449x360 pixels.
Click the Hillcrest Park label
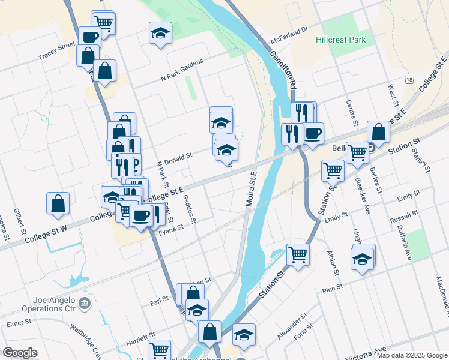(x=340, y=40)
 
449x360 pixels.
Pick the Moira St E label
(x=251, y=188)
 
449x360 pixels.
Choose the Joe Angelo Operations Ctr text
(x=41, y=304)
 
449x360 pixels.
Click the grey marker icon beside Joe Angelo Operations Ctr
(x=85, y=303)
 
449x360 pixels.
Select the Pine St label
(x=333, y=290)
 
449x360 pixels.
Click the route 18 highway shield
(x=409, y=79)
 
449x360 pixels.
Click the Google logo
(x=20, y=353)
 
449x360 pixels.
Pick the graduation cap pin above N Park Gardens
(x=160, y=32)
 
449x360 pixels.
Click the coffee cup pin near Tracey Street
(x=90, y=37)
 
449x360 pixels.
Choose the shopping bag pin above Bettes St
(x=378, y=131)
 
